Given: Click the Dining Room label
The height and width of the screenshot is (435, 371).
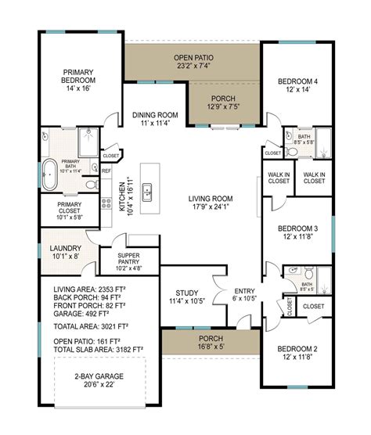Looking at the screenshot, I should click(x=154, y=119).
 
